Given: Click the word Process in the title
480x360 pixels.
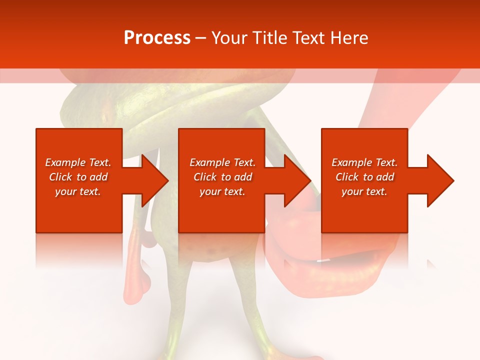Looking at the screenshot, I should (157, 38).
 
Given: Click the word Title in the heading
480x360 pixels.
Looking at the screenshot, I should (268, 38).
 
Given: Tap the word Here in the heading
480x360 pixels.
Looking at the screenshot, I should (348, 38).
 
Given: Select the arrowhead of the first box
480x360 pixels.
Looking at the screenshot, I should (154, 180).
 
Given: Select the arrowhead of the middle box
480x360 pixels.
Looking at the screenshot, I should (297, 180).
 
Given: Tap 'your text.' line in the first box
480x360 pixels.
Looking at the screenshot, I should (78, 191).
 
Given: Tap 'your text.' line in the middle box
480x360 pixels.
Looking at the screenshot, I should (222, 191).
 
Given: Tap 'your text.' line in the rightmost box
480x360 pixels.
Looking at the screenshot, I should (364, 191).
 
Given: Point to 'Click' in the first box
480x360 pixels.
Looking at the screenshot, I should (60, 177).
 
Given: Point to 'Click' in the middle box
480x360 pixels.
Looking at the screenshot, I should (205, 177).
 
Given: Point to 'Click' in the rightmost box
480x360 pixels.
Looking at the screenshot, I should (347, 177).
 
